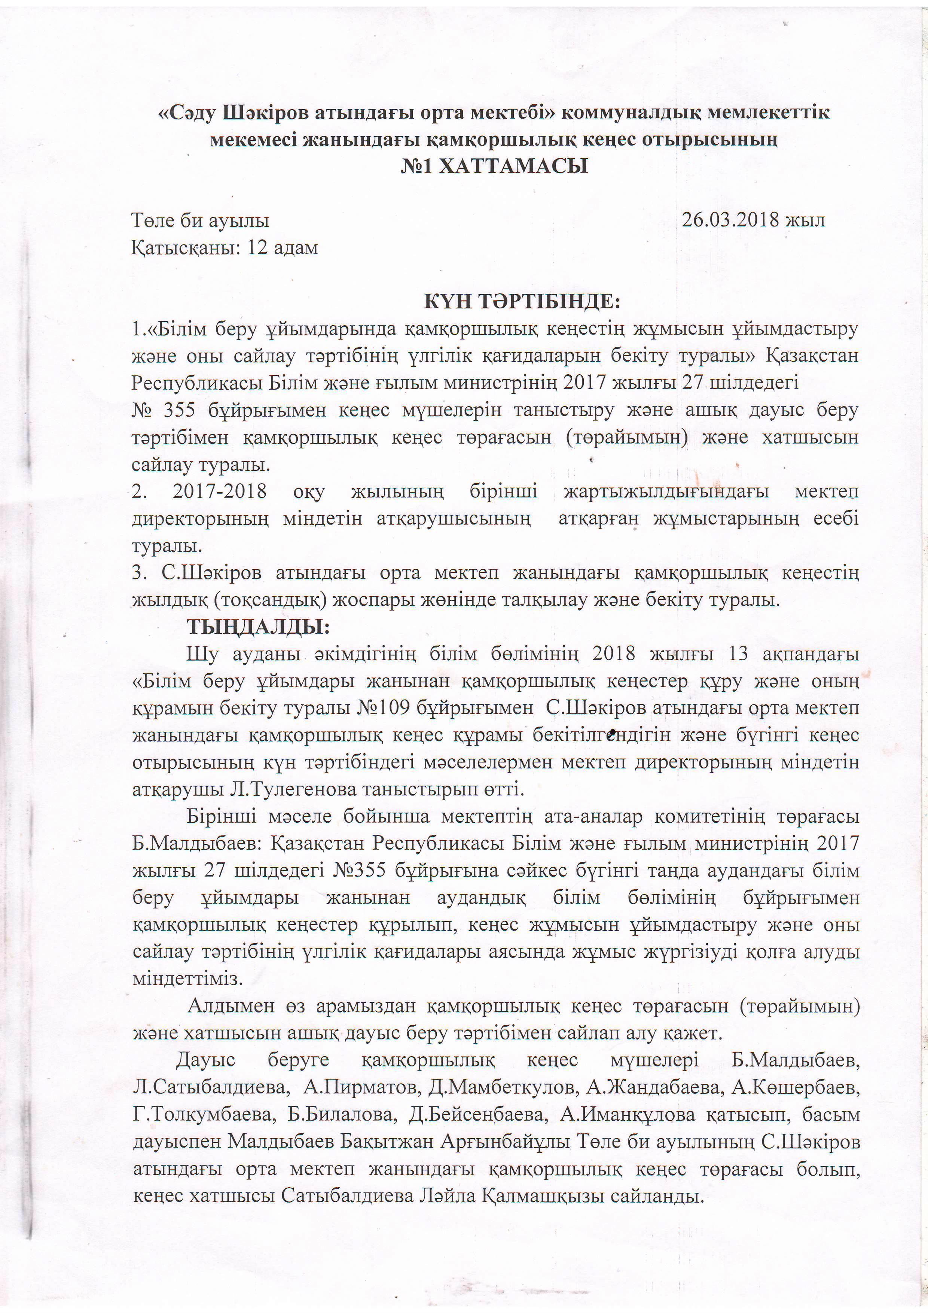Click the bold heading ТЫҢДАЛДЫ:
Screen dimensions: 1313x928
click(x=259, y=627)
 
